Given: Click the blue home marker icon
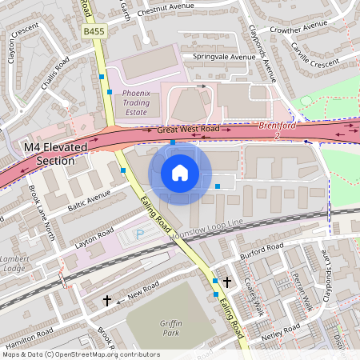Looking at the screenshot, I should point(180,172).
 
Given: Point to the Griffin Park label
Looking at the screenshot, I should point(166,326).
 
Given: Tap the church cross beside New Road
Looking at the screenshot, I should point(107,300).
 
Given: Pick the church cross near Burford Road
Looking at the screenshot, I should point(228,282).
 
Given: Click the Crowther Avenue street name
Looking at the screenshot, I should point(318,30).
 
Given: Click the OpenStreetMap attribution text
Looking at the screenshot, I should point(81,354).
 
